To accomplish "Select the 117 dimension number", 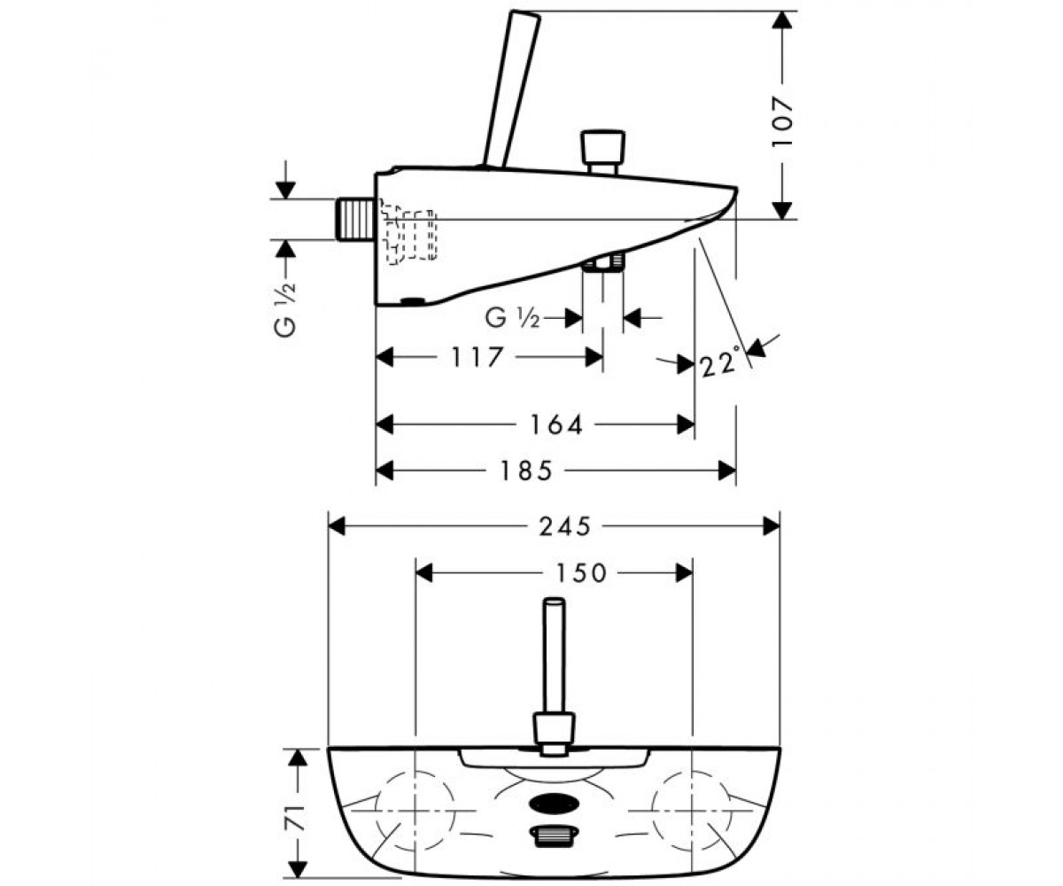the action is point(477,357).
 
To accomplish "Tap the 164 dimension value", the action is point(556,424).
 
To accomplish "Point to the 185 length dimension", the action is point(526,470).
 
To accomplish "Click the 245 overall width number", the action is point(565,526).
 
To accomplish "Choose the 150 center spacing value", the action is point(580,573).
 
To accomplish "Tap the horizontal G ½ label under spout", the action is point(512,318).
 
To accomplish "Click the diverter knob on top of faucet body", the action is point(603,152).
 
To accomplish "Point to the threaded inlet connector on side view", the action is point(355,220).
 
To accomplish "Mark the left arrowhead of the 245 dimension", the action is point(337,526).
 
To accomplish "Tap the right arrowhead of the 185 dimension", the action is point(727,470).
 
